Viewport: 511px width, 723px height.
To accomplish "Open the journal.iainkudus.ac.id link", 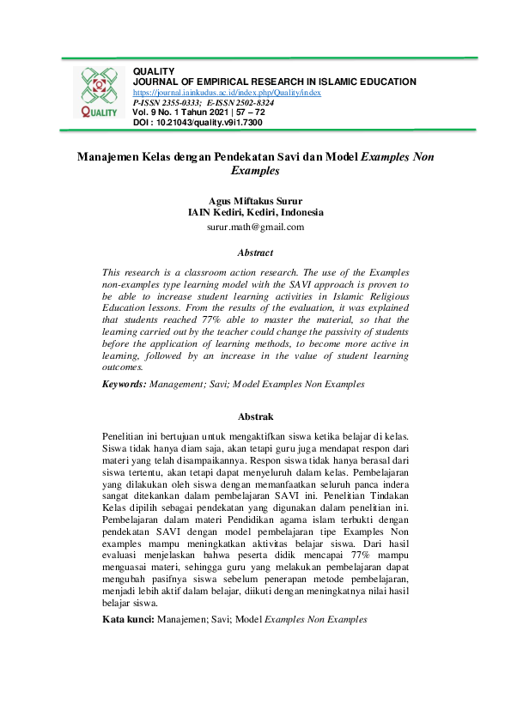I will [x=227, y=92].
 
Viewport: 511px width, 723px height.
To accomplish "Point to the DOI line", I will [x=198, y=123].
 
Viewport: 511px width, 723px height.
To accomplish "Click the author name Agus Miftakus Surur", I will [x=255, y=201].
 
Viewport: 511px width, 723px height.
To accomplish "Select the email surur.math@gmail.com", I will [x=256, y=227].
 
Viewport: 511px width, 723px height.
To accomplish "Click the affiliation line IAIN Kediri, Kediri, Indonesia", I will [x=255, y=212].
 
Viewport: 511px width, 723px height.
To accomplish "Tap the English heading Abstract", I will [x=255, y=252].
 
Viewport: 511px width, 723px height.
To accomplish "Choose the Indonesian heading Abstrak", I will [x=255, y=416].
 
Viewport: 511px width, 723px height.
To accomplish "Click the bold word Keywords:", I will [x=125, y=385].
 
